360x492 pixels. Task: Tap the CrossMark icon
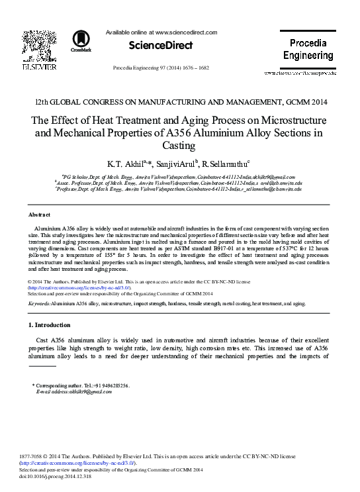pyautogui.click(x=82, y=41)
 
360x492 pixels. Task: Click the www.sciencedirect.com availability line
pyautogui.click(x=161, y=32)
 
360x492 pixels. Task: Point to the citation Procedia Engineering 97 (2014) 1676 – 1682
pyautogui.click(x=161, y=68)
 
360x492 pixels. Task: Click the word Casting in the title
pyautogui.click(x=179, y=144)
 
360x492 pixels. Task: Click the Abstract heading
pyautogui.click(x=40, y=215)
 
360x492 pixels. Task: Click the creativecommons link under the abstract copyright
pyautogui.click(x=79, y=287)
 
